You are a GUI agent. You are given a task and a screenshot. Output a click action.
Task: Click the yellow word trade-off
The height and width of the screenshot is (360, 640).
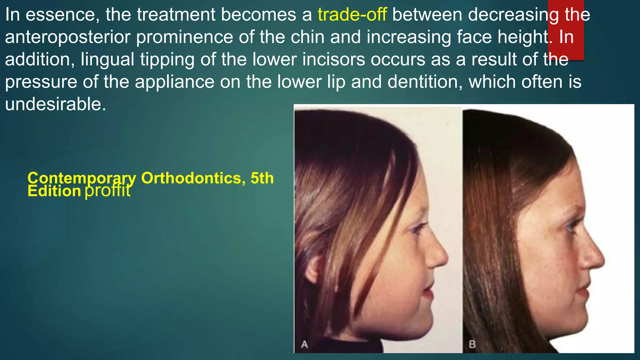[x=352, y=15]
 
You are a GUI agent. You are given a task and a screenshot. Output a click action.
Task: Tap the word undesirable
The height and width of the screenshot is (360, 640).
[x=55, y=104]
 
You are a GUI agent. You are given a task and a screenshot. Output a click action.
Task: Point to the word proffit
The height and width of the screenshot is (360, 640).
[x=107, y=190]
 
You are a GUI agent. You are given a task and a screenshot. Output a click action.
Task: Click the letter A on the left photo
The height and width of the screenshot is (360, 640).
[x=304, y=344]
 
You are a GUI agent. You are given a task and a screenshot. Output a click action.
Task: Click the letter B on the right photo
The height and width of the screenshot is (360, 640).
[x=472, y=344]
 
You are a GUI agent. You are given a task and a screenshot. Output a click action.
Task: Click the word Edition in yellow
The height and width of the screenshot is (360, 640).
[x=54, y=191]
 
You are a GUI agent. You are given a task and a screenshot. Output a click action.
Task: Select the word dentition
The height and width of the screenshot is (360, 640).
[x=425, y=82]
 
